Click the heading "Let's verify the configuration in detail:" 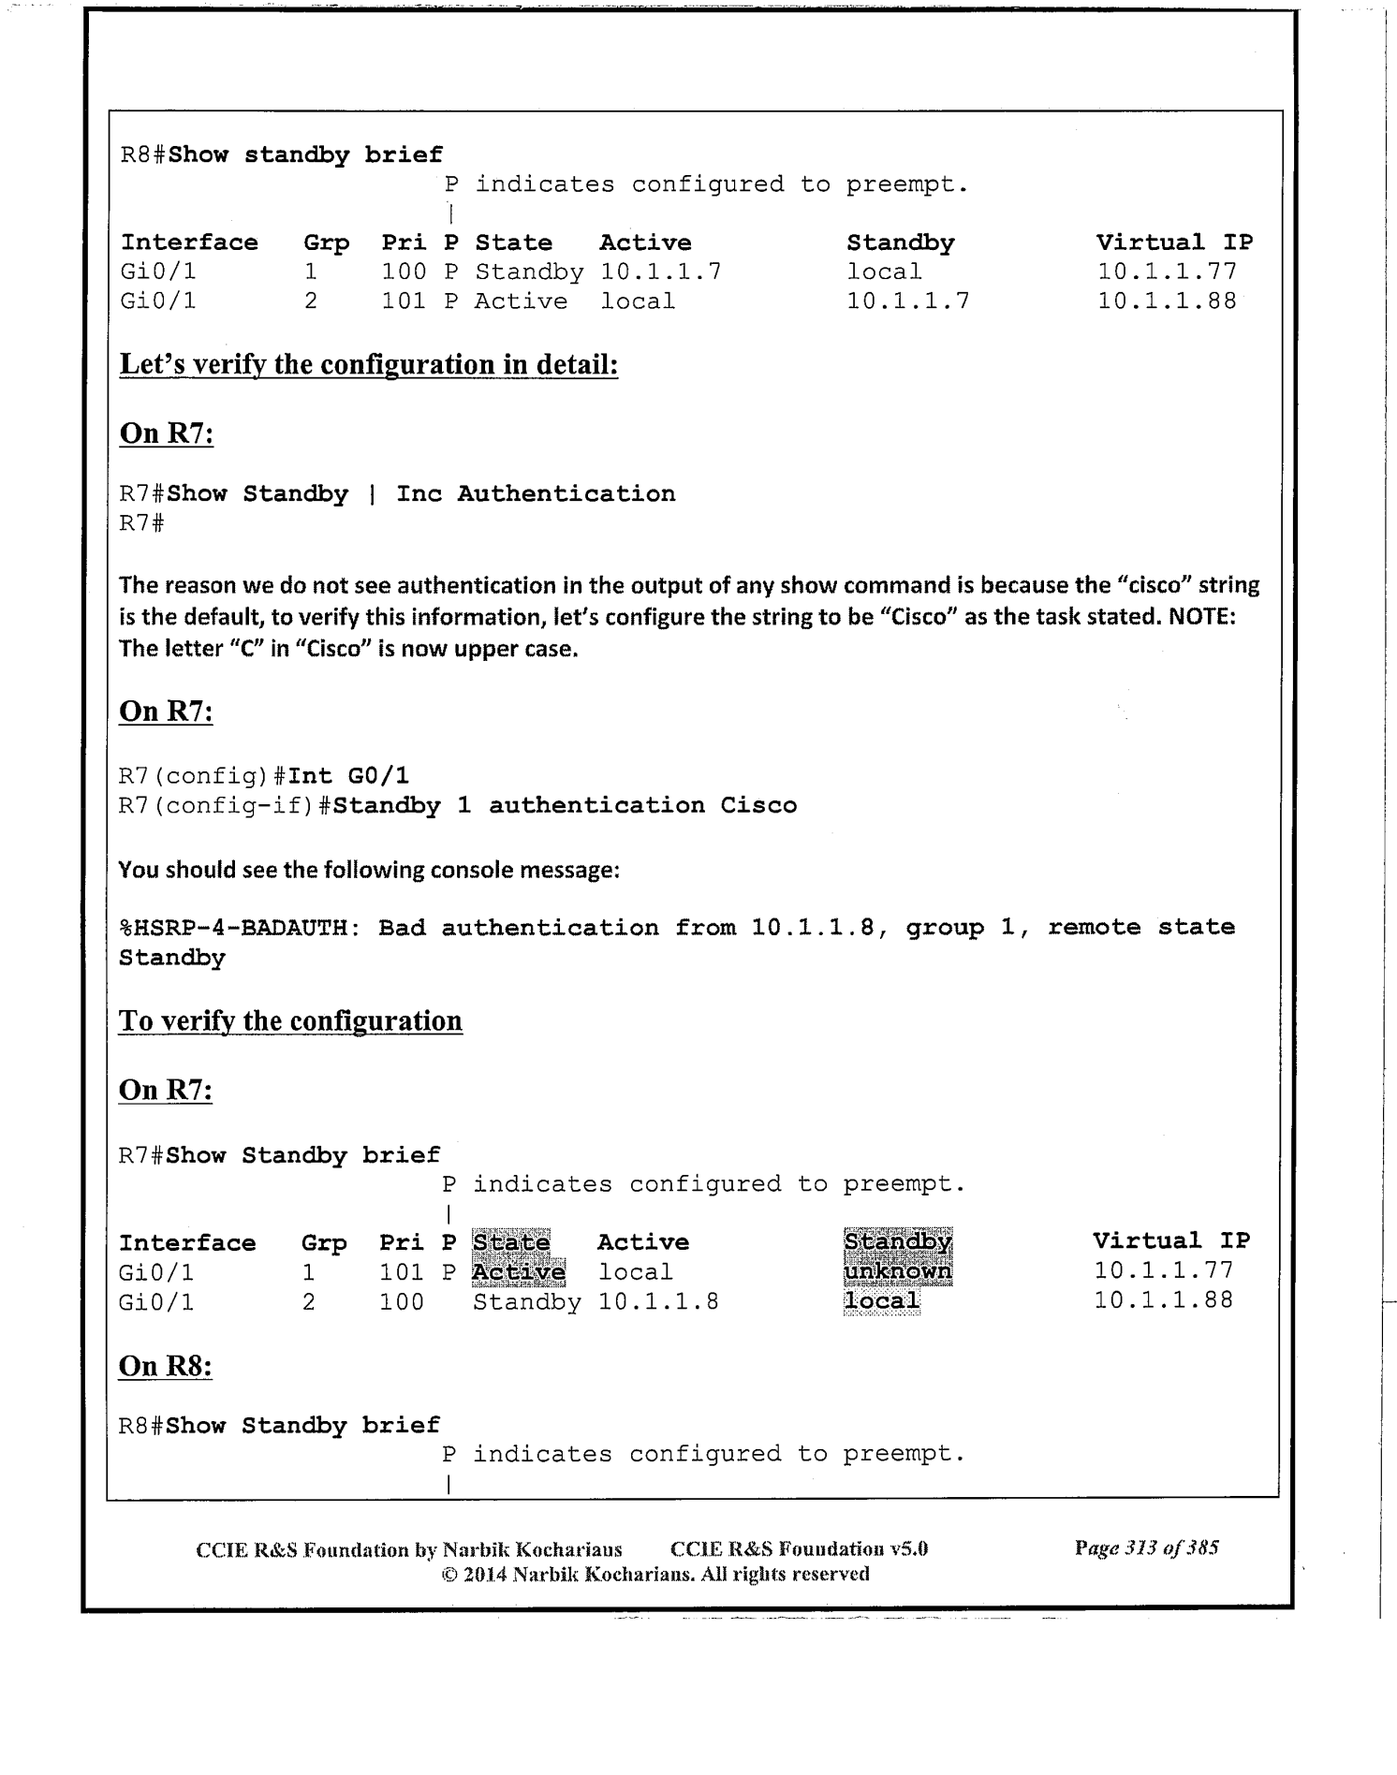[x=369, y=364]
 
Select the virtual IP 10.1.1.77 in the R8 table [x=1167, y=271]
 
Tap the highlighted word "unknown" [x=897, y=1271]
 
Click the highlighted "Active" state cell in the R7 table [x=519, y=1272]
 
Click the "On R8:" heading [x=166, y=1366]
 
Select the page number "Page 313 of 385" [x=1146, y=1548]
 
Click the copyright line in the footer [x=654, y=1574]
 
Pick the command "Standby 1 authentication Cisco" [x=565, y=805]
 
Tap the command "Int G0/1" [x=348, y=775]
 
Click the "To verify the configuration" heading [x=290, y=1020]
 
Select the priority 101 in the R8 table [x=404, y=301]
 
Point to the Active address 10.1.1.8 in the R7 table [x=658, y=1301]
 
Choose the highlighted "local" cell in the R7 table [x=881, y=1300]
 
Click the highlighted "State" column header [x=510, y=1242]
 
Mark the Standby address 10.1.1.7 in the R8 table [x=907, y=301]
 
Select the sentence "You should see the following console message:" [x=369, y=870]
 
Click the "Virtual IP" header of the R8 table [x=1174, y=242]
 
